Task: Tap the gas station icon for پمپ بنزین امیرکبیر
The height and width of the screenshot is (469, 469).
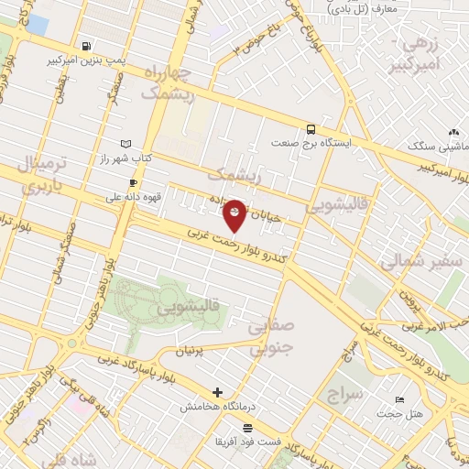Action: [85, 46]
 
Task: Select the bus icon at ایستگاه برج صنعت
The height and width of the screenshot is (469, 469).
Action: [311, 129]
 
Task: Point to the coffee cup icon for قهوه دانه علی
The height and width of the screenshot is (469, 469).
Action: [133, 183]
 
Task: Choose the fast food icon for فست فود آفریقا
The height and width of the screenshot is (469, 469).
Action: [246, 428]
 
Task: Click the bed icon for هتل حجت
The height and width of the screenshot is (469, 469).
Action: [399, 400]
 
